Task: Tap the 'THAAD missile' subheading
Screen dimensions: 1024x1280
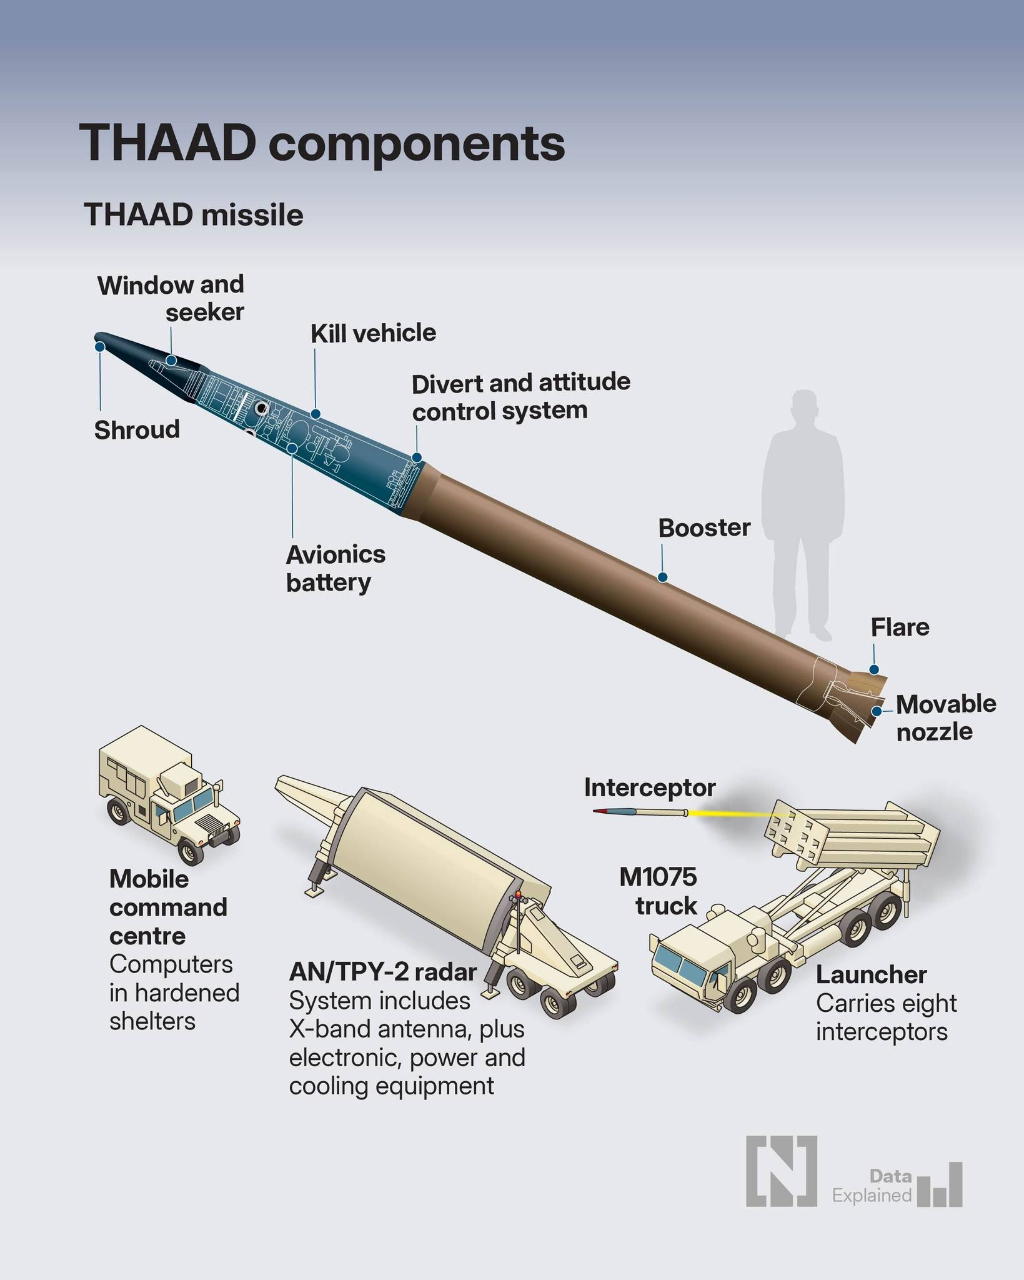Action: tap(194, 216)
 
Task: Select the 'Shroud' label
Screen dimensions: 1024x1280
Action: tap(137, 430)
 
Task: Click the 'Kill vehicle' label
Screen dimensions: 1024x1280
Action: tap(373, 333)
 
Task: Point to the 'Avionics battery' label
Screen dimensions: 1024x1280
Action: tap(336, 568)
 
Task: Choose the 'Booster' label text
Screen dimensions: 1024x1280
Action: tap(704, 528)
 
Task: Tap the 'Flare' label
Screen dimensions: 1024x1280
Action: tap(900, 627)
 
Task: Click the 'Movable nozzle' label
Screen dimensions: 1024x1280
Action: tap(945, 717)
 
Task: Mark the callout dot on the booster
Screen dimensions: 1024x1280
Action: tap(663, 577)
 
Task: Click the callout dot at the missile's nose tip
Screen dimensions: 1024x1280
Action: tap(99, 346)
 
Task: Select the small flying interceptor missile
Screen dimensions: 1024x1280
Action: tap(640, 812)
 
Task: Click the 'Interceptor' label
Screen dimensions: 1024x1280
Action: tap(650, 787)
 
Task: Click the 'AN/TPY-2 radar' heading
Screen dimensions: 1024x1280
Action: tap(383, 972)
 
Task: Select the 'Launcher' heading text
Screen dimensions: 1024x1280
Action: tap(871, 974)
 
